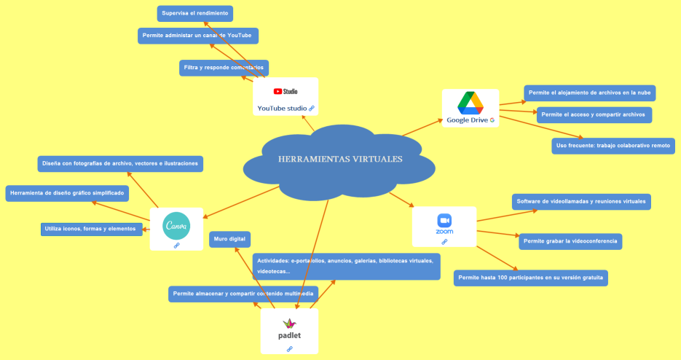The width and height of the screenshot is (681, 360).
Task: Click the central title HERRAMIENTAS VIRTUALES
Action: [x=339, y=159]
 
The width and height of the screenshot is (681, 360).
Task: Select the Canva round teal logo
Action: [x=176, y=225]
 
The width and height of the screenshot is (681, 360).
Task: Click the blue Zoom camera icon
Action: [x=444, y=220]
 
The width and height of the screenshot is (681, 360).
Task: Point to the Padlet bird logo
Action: [x=289, y=323]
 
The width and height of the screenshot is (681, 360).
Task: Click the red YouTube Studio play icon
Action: [x=277, y=92]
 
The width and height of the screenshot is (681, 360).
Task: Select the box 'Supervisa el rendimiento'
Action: [x=194, y=13]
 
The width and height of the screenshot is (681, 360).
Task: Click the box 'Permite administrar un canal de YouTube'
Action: [x=198, y=36]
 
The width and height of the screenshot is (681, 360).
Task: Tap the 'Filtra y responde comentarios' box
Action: [x=224, y=68]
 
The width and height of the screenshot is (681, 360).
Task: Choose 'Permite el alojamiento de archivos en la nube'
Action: [x=590, y=93]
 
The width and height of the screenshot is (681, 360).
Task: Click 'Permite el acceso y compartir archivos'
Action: [x=593, y=115]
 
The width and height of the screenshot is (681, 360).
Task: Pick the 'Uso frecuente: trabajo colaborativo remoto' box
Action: [x=613, y=146]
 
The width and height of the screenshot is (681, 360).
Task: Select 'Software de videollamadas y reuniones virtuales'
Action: [x=580, y=201]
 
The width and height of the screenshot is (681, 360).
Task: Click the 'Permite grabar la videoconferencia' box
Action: [x=570, y=240]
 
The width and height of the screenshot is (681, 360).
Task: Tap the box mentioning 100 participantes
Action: [x=531, y=278]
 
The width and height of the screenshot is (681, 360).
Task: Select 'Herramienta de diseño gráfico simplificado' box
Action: [x=67, y=193]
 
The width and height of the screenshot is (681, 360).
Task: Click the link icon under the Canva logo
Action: [x=176, y=246]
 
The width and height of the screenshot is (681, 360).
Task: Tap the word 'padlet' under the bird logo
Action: [x=289, y=336]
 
